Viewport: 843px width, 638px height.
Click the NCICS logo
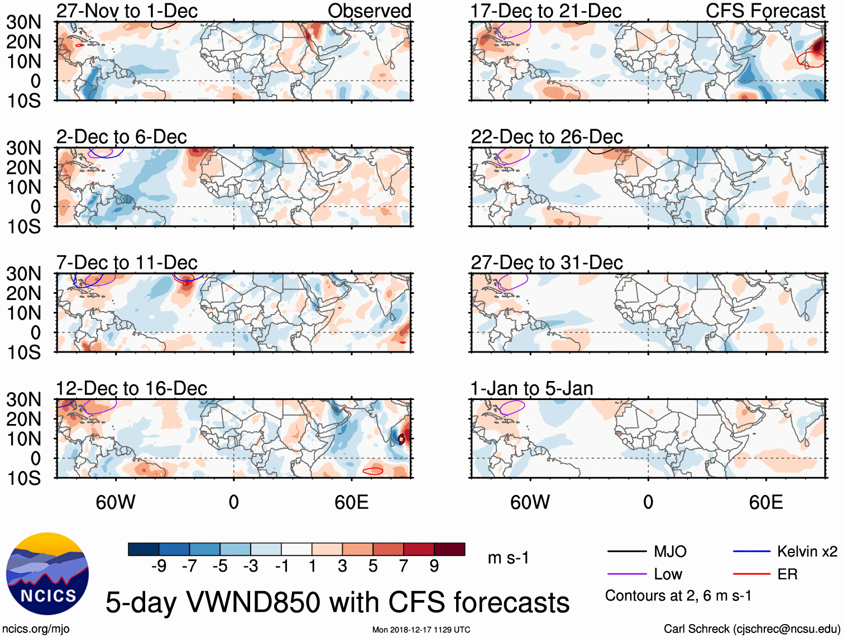47,574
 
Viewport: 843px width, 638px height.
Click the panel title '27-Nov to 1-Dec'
127,11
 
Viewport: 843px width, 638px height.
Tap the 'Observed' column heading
369,11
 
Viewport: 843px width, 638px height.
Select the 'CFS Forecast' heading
765,11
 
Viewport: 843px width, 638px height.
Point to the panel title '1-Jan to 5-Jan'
531,388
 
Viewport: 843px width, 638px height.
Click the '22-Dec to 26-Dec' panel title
547,137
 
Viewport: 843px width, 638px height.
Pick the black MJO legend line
627,552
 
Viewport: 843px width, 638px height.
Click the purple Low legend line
627,574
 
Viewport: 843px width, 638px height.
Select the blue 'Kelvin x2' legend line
751,552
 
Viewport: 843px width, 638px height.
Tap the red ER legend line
751,574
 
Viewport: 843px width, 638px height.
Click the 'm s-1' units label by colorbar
508,558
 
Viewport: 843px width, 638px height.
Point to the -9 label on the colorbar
159,566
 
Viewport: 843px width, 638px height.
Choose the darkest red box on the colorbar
449,549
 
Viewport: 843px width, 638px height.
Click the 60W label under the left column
116,502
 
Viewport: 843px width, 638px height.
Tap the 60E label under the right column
765,502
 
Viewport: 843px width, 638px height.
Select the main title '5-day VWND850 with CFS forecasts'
337,602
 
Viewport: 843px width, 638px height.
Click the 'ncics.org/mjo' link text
36,629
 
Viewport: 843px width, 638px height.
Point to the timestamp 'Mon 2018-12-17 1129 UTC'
421,630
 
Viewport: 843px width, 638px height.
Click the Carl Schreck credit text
751,629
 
